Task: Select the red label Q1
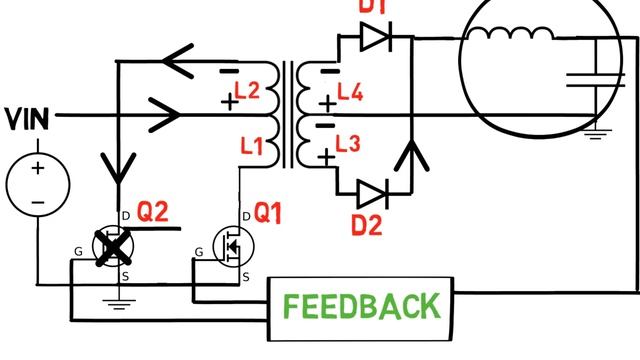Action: click(269, 213)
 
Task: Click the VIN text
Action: click(28, 120)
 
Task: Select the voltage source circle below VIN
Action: click(37, 183)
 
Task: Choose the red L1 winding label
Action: click(252, 147)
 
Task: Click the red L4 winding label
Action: click(350, 94)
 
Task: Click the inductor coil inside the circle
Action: click(510, 35)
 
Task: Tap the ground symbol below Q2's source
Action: click(120, 301)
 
